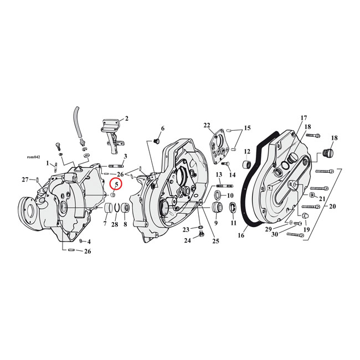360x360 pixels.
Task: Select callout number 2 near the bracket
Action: pos(126,118)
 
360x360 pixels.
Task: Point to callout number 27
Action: pos(25,179)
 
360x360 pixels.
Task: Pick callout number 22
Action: pos(207,125)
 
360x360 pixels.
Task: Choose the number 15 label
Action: pos(247,128)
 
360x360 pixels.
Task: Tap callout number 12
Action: pos(248,151)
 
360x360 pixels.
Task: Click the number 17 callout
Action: pos(304,118)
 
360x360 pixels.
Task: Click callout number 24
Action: pos(187,241)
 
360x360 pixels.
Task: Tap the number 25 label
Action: pos(215,240)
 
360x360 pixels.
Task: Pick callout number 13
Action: pos(219,174)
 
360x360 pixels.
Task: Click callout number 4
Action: pos(89,241)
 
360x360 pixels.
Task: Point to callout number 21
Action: pos(322,198)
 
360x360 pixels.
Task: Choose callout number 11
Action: pos(233,223)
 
